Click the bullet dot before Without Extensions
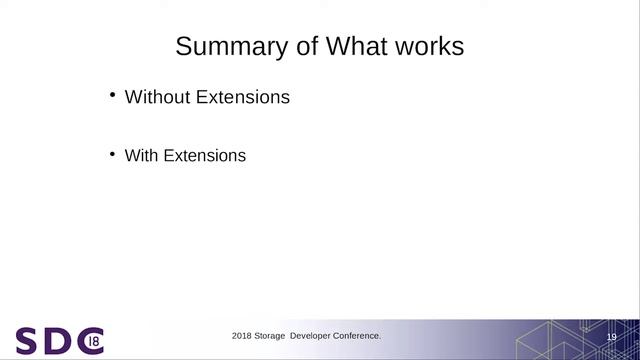click(x=113, y=96)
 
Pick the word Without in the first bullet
click(x=157, y=97)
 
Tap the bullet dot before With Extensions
click(x=113, y=155)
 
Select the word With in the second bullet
click(x=142, y=156)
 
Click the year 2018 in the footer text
click(x=242, y=336)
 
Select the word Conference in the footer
click(x=358, y=336)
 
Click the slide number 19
click(x=611, y=338)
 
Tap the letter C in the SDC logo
click(x=88, y=341)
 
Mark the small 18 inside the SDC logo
click(x=93, y=341)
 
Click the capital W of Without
click(x=132, y=97)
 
